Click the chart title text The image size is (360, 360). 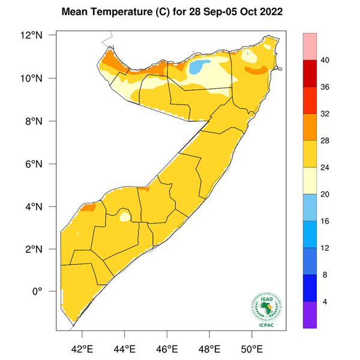tap(179, 11)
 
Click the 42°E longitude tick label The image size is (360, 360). tap(82, 348)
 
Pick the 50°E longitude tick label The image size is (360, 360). tap(251, 348)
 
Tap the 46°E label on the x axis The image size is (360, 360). tap(166, 348)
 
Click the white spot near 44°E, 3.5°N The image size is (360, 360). tap(125, 216)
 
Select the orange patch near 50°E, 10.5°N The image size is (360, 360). tap(256, 70)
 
